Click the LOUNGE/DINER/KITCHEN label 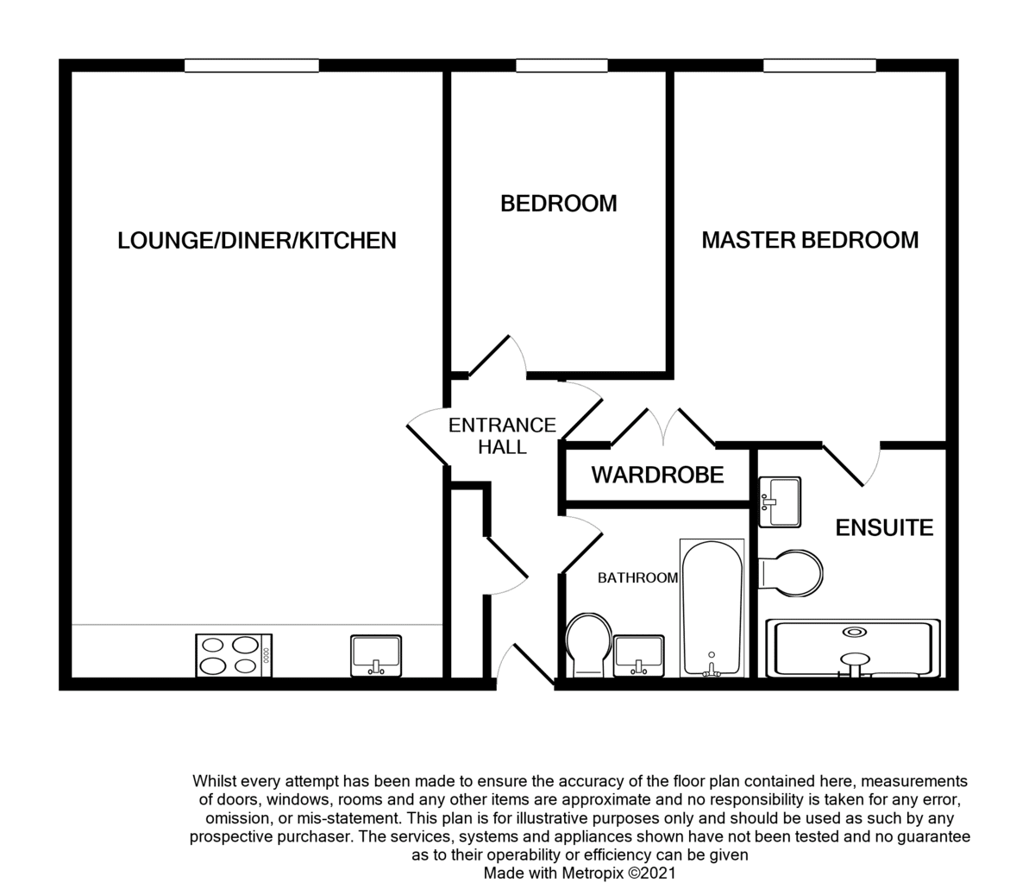click(x=257, y=241)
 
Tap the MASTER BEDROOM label click(x=810, y=240)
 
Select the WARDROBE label click(x=657, y=475)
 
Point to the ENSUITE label click(x=884, y=527)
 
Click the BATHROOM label click(x=638, y=577)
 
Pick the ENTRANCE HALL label click(x=502, y=436)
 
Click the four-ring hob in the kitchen click(x=234, y=655)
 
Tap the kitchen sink click(x=376, y=656)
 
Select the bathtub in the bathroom click(x=712, y=608)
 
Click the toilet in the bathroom click(x=588, y=645)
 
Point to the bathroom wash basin click(x=639, y=657)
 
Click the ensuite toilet click(x=791, y=573)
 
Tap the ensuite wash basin click(x=780, y=502)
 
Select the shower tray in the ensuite click(x=853, y=648)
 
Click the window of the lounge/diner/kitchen click(x=251, y=66)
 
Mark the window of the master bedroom click(x=819, y=66)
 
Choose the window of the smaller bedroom click(x=561, y=66)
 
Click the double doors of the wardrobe click(x=663, y=427)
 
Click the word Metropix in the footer click(x=593, y=873)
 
